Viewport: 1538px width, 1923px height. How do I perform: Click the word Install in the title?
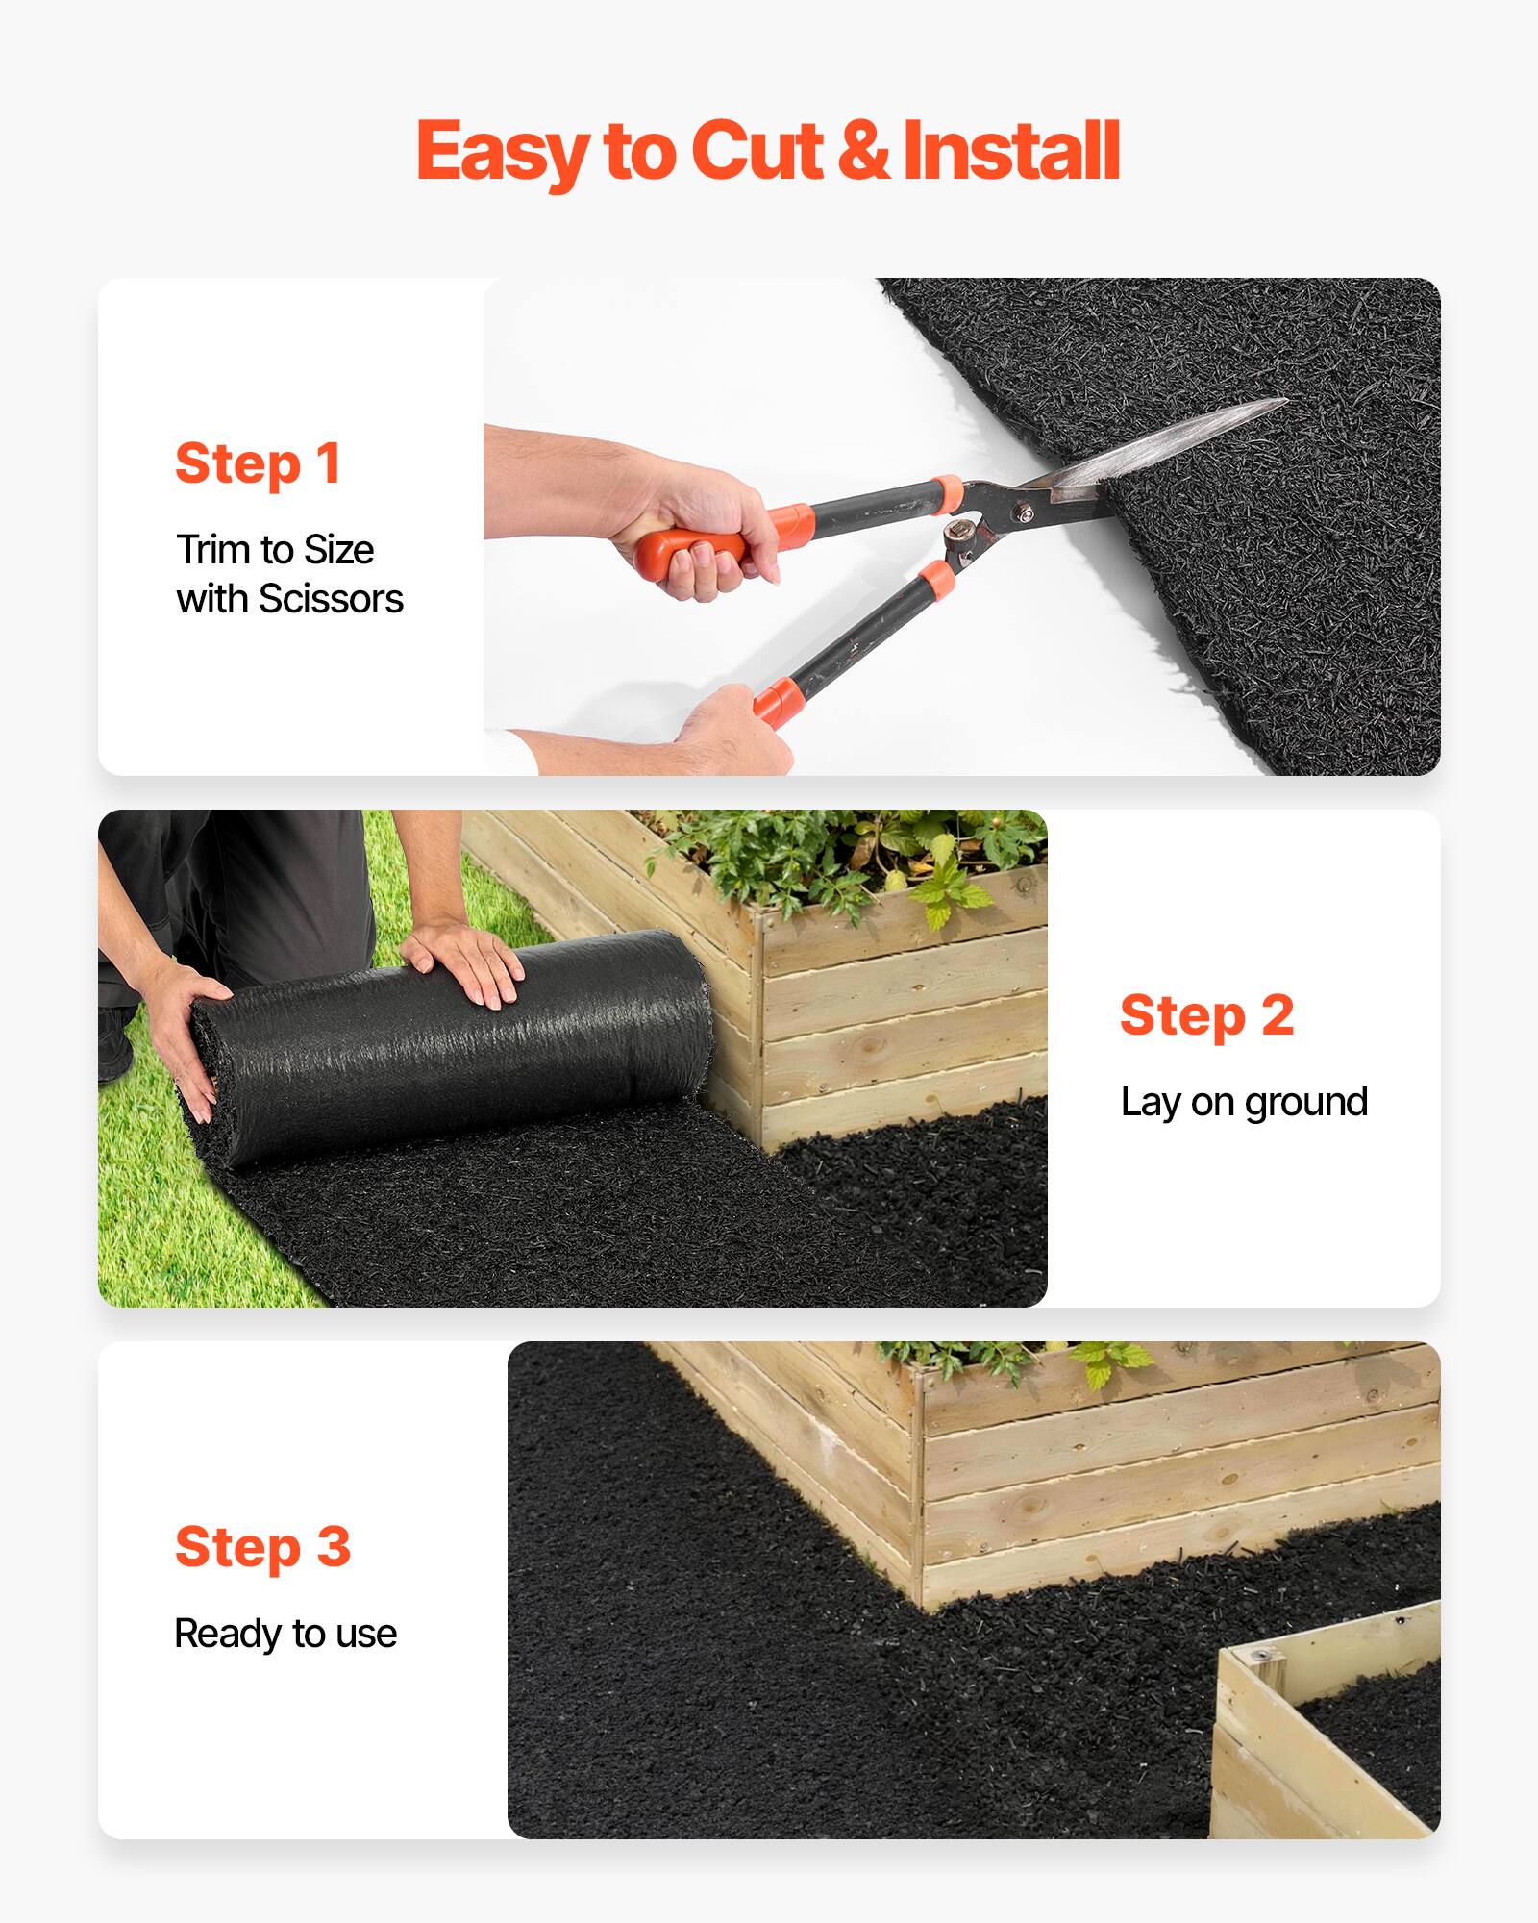click(x=1011, y=152)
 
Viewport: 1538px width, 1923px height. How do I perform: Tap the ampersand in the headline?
click(x=862, y=152)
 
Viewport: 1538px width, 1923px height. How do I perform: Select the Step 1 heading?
click(x=258, y=464)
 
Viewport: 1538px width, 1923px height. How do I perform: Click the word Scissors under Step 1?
click(x=331, y=599)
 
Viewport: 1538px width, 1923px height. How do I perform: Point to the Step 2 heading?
click(x=1206, y=1016)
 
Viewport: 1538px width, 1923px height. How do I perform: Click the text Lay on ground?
click(x=1243, y=1102)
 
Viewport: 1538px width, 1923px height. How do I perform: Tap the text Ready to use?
click(x=285, y=1634)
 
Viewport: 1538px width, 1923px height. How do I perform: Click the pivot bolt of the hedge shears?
click(x=1027, y=515)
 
